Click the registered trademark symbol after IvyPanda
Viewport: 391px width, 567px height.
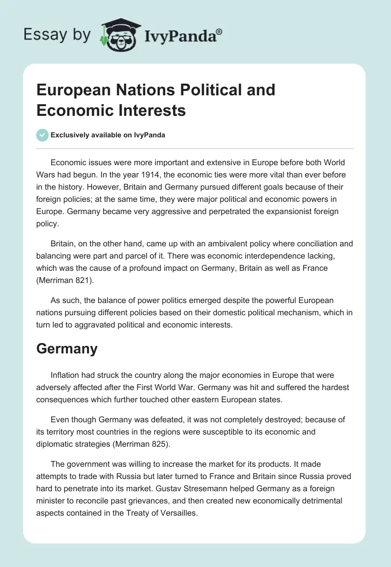(x=219, y=31)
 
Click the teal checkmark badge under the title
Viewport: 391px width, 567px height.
(x=42, y=135)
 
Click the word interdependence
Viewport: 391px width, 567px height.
(x=194, y=255)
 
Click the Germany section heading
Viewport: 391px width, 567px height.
(x=67, y=349)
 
